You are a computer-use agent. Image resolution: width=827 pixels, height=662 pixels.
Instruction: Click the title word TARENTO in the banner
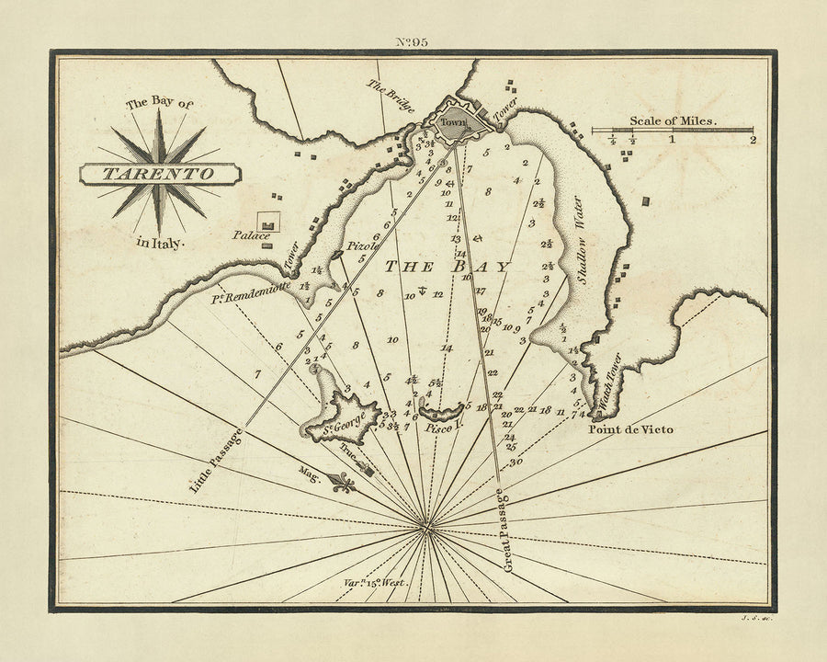coord(159,173)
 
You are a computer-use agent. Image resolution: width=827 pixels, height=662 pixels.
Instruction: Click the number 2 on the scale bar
coord(753,141)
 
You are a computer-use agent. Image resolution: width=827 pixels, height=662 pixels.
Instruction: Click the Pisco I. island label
coord(442,428)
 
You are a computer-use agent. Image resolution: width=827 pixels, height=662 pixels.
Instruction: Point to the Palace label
coord(254,236)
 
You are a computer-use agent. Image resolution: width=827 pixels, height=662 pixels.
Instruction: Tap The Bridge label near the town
coord(391,97)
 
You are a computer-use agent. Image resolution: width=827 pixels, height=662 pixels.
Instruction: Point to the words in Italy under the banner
coord(160,243)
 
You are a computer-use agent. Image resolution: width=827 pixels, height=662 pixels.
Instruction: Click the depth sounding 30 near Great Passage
coord(515,461)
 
